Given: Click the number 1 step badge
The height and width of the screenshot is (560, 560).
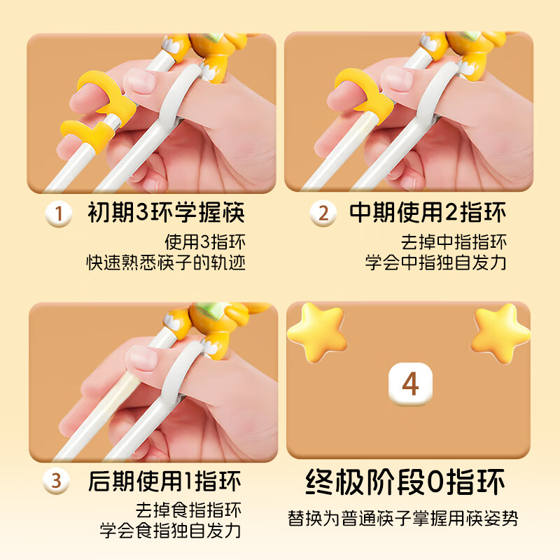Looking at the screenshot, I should (x=59, y=213).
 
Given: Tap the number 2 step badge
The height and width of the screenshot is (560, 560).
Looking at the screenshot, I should (x=323, y=213).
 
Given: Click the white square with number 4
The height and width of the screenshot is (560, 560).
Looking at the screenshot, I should (x=410, y=384).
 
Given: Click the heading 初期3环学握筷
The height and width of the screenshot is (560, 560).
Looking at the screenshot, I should (x=167, y=213).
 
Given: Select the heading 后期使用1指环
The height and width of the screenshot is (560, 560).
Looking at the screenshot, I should (x=165, y=482).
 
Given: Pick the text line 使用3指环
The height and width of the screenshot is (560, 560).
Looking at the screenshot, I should (x=205, y=243).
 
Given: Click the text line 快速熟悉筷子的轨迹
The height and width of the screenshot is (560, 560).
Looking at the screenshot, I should (x=166, y=263).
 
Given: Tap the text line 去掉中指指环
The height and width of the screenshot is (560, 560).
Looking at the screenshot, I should (x=454, y=243).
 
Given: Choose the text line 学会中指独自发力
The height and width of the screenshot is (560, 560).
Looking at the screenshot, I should (x=436, y=263).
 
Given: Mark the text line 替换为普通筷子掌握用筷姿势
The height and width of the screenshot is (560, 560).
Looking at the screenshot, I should (x=403, y=519).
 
